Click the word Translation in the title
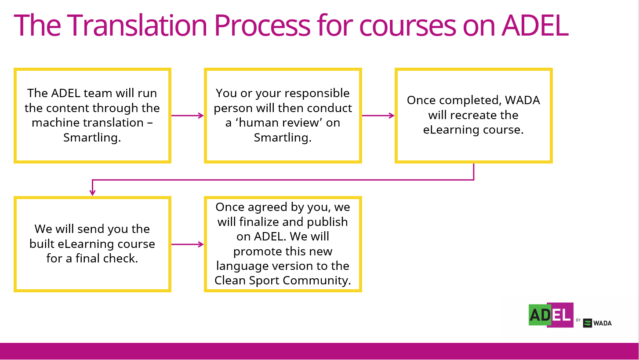(x=137, y=25)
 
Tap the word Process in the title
(x=262, y=25)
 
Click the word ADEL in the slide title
(x=535, y=25)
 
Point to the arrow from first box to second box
(x=187, y=116)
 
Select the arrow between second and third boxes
(x=378, y=116)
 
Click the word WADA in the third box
(x=523, y=100)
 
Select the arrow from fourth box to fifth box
(x=187, y=244)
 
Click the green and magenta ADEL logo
(x=551, y=315)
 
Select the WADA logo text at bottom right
(x=603, y=323)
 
